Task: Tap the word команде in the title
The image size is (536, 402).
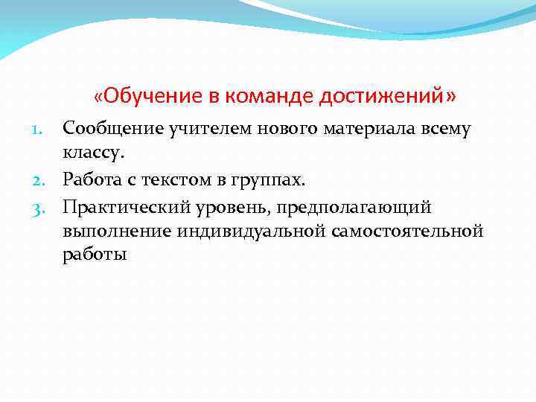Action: (269, 97)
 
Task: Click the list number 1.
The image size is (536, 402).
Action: (44, 130)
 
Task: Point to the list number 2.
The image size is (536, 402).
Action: (43, 180)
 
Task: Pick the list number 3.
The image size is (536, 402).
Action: (43, 206)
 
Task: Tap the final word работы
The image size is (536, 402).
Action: (95, 256)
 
